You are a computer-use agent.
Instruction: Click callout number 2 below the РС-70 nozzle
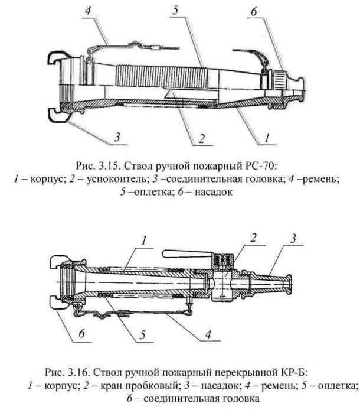pos(202,139)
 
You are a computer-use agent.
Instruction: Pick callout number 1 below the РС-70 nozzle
pos(266,138)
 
